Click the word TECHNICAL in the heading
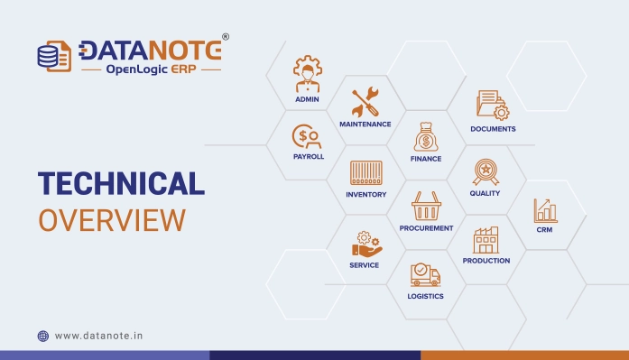121,183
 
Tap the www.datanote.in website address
98,336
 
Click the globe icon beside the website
42,336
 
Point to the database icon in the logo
51,54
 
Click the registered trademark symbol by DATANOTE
226,37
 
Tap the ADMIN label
308,99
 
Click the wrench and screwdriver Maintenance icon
365,102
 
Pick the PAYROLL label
308,156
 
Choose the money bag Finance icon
426,138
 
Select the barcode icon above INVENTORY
365,172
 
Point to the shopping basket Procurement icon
426,207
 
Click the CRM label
544,230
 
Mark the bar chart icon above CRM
544,210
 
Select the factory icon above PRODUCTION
486,239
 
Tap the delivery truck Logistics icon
425,274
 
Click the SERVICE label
365,265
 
